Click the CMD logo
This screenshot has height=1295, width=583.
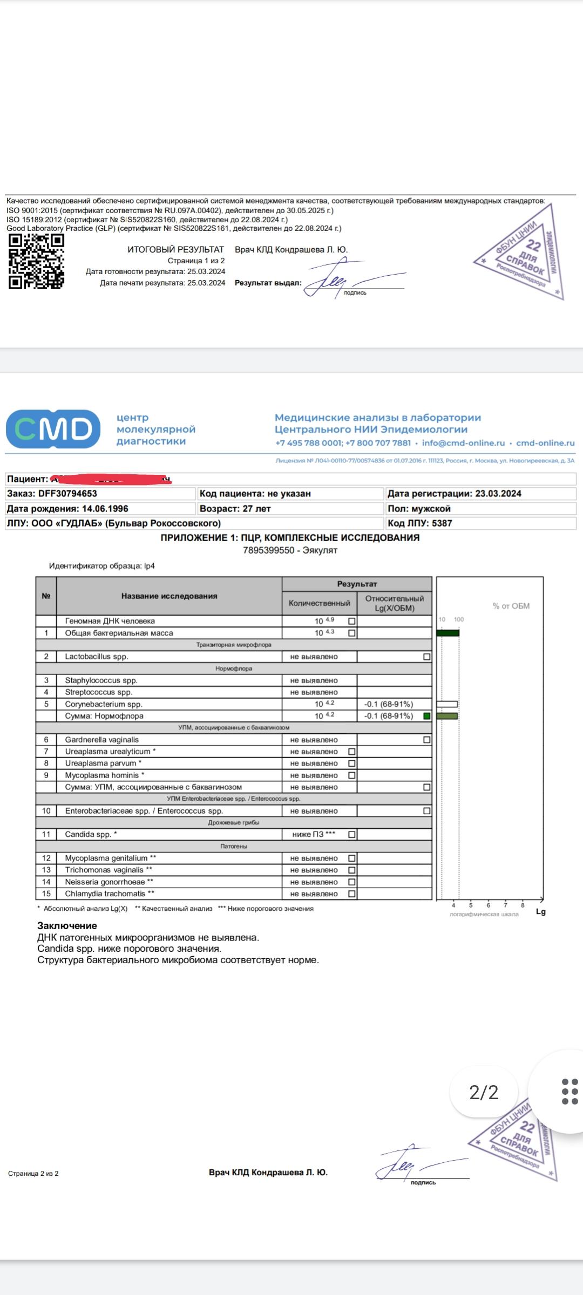tap(53, 429)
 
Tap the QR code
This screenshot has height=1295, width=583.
tap(36, 262)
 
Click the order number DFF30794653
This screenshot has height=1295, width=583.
tap(67, 494)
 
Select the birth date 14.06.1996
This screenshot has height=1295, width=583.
tap(105, 509)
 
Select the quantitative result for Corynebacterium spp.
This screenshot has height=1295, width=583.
tap(324, 704)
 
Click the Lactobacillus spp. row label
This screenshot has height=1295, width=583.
tap(97, 657)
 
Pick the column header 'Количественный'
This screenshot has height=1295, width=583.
tap(319, 603)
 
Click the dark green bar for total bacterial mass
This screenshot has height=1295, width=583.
tap(448, 633)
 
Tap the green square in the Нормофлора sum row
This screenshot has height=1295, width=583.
tap(427, 716)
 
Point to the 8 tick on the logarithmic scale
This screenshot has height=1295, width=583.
tap(523, 905)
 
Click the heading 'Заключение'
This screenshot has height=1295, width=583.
tap(67, 926)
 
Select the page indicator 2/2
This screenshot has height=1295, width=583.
tap(484, 1093)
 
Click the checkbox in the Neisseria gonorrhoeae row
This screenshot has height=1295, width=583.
tap(352, 882)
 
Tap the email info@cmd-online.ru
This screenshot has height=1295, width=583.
tap(463, 443)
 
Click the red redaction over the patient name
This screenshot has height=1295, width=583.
tap(111, 479)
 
